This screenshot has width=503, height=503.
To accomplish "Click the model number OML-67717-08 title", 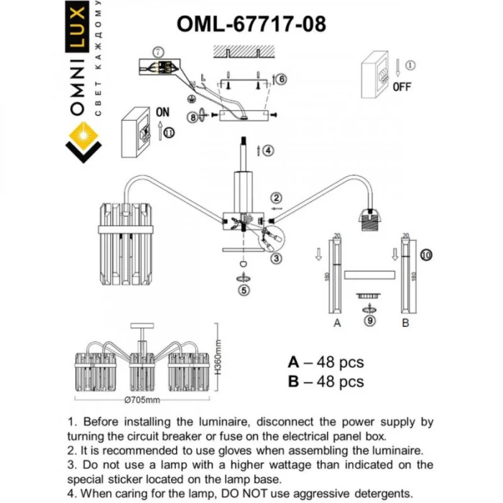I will click(x=251, y=23).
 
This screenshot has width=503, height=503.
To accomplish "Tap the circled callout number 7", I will click(x=160, y=52).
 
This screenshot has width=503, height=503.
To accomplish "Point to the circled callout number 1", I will click(x=410, y=65).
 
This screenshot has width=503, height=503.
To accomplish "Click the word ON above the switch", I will click(x=162, y=113).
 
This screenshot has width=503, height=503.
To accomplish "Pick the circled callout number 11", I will click(x=169, y=132).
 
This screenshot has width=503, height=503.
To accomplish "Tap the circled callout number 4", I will click(x=268, y=151).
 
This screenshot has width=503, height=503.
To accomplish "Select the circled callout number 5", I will click(x=244, y=291).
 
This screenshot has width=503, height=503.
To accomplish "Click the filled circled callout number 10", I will click(x=427, y=254).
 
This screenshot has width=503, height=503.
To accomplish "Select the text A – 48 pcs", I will click(x=326, y=361).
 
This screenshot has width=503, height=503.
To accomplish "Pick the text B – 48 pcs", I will click(x=326, y=382).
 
